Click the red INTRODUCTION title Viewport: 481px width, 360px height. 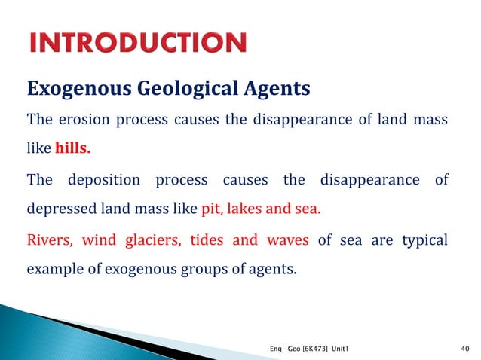(137, 42)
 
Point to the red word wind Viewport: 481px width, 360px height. (99, 240)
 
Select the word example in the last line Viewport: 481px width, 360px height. (53, 268)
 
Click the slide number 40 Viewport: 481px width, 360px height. (464, 347)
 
